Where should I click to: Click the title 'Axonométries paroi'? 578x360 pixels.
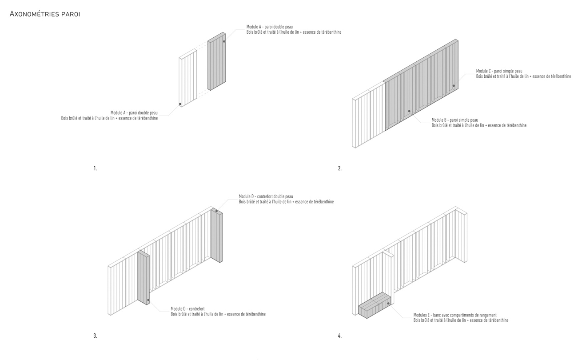tap(44, 15)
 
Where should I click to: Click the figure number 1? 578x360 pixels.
tap(95, 168)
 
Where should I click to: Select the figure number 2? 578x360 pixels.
tap(340, 168)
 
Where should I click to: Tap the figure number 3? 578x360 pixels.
tap(95, 336)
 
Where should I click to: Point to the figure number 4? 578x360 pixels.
tap(340, 336)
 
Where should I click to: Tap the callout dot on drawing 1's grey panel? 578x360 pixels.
tap(224, 41)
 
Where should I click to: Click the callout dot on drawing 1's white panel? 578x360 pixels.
tap(180, 104)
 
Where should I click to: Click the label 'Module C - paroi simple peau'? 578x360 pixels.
tap(499, 71)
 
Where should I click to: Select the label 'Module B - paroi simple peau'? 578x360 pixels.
tap(454, 120)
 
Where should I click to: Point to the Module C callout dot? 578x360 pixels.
tap(454, 86)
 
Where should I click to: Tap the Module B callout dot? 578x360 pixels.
tap(409, 111)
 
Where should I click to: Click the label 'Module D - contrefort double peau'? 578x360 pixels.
tap(266, 196)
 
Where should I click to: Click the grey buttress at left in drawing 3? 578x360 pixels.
tap(143, 278)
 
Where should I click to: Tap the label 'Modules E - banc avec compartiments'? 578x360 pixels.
tap(455, 315)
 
